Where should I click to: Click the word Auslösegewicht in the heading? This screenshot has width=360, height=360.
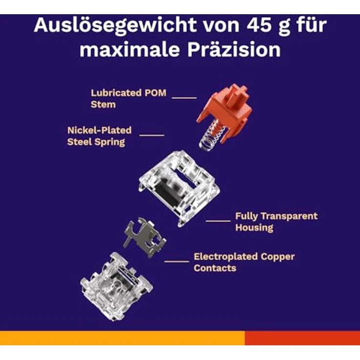pos(115,25)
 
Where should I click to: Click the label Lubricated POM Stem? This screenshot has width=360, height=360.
pos(128,98)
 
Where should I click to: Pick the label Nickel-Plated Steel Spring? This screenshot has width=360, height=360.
pos(99,136)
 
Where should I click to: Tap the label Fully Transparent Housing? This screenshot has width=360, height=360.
pos(276,222)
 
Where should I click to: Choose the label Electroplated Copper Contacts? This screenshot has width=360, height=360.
pos(244,262)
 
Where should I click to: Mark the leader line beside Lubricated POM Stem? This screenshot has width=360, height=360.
pos(184,98)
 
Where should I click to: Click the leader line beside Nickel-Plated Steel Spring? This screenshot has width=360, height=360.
pos(152,135)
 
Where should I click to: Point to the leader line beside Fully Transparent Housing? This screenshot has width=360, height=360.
pos(218,221)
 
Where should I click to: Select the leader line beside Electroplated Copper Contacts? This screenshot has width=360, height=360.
pos(177,261)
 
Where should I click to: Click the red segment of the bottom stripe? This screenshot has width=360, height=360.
pos(302,337)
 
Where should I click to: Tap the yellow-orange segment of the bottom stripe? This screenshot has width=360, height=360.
pos(122,337)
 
